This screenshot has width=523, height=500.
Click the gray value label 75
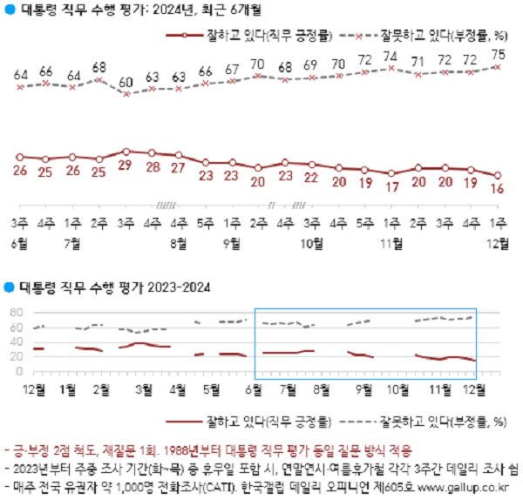pyautogui.click(x=498, y=54)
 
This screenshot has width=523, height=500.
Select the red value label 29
pyautogui.click(x=126, y=165)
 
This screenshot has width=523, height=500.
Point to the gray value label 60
pyautogui.click(x=126, y=83)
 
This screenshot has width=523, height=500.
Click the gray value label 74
pyautogui.click(x=391, y=57)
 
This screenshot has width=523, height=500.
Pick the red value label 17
pyautogui.click(x=391, y=186)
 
